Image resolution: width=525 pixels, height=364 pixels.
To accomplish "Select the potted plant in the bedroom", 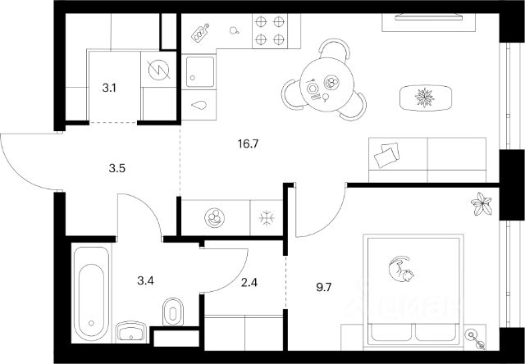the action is tap(483, 202).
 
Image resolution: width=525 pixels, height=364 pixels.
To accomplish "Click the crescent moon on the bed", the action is tap(399, 269).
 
